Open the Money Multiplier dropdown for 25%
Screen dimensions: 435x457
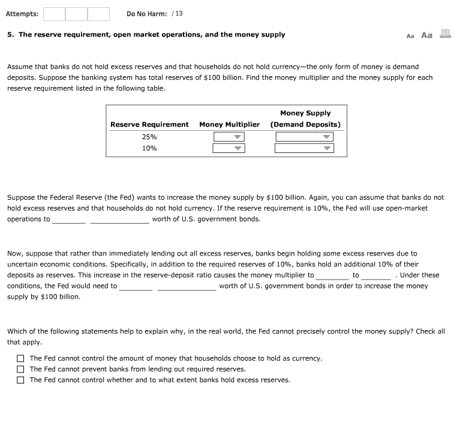(x=229, y=137)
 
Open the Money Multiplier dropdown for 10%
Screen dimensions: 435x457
(x=229, y=148)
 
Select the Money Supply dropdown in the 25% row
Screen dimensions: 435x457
(x=304, y=137)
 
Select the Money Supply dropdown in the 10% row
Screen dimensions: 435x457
(x=304, y=148)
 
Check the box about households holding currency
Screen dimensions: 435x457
(x=20, y=358)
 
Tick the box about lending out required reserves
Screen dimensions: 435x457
(x=20, y=369)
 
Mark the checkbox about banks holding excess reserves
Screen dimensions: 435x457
(x=20, y=380)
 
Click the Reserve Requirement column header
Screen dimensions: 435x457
(x=149, y=125)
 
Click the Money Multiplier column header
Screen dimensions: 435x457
(x=229, y=125)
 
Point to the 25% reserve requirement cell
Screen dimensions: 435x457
(x=149, y=137)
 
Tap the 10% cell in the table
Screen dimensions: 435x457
(x=149, y=148)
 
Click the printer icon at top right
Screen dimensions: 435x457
(x=445, y=34)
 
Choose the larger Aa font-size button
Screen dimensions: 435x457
(x=426, y=35)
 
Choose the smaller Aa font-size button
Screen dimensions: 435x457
(x=410, y=36)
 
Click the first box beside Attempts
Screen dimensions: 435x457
(x=53, y=14)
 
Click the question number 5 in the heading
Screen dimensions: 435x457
(x=10, y=35)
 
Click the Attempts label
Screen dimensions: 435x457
(x=22, y=14)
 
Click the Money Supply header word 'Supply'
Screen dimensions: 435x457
(x=318, y=113)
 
